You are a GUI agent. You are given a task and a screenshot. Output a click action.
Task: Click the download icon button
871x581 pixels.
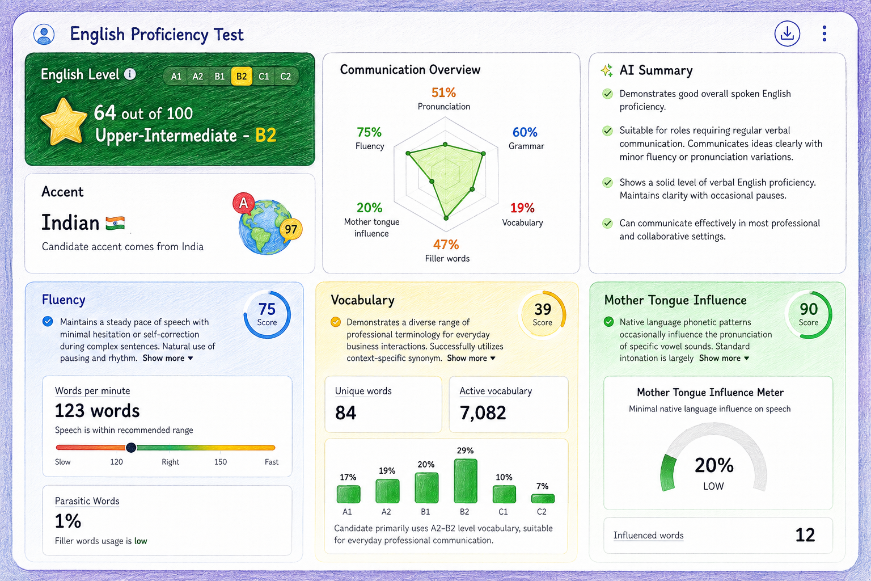tap(787, 34)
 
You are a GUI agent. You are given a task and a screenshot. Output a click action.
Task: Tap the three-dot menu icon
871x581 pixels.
tap(825, 33)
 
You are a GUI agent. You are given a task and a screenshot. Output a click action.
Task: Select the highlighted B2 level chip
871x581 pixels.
tap(242, 76)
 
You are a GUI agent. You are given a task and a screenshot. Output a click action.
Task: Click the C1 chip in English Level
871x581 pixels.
tap(264, 76)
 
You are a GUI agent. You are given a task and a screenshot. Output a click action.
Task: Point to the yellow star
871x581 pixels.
tap(64, 121)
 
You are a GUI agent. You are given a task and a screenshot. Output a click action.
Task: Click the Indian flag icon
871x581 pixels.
tap(115, 224)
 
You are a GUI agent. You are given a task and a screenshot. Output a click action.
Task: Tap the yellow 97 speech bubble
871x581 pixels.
tap(291, 229)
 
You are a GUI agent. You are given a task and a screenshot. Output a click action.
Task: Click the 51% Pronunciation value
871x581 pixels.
tap(443, 92)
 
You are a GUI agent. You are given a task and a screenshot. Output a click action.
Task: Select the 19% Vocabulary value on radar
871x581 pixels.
tap(522, 208)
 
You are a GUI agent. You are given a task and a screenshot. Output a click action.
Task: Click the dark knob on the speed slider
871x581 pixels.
tap(131, 448)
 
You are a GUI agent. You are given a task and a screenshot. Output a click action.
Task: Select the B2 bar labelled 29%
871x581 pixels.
tap(466, 481)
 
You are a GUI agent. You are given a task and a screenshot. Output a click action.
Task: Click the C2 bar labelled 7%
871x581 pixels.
tap(543, 499)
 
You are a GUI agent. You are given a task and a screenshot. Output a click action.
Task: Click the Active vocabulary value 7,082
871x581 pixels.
tap(483, 413)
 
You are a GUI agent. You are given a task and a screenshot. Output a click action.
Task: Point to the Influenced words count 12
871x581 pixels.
tap(805, 535)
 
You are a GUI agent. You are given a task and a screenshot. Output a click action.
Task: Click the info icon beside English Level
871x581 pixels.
tap(130, 74)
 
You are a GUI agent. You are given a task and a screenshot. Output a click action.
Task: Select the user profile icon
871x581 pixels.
tap(44, 34)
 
